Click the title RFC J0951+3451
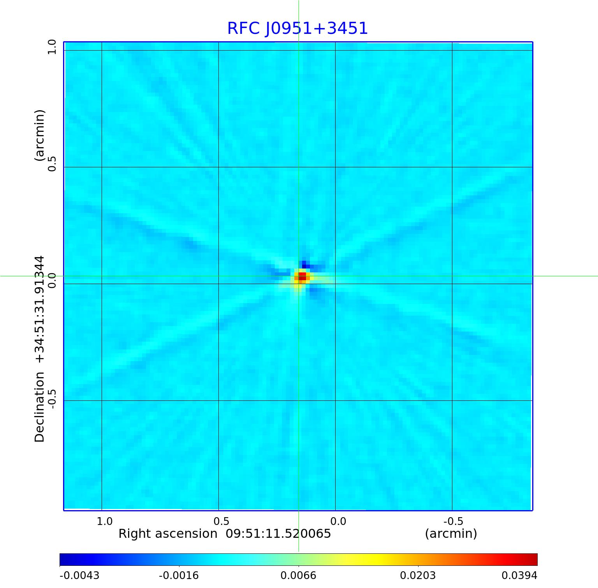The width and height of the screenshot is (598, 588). pyautogui.click(x=297, y=28)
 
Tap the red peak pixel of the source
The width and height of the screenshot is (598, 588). pyautogui.click(x=302, y=277)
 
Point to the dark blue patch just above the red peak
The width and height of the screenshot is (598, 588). pyautogui.click(x=304, y=265)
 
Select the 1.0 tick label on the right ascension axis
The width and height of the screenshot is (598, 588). pyautogui.click(x=104, y=521)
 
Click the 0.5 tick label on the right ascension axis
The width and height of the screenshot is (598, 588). pyautogui.click(x=221, y=521)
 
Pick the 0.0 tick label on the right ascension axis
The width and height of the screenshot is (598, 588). pyautogui.click(x=338, y=521)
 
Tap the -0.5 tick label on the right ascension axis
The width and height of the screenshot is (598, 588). pyautogui.click(x=453, y=521)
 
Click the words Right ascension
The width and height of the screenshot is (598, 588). pyautogui.click(x=168, y=534)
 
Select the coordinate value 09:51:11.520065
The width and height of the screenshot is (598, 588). pyautogui.click(x=278, y=534)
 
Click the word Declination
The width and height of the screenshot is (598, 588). pyautogui.click(x=40, y=407)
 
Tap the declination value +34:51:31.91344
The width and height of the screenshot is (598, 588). pyautogui.click(x=40, y=309)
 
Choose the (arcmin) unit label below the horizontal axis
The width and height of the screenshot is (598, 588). pyautogui.click(x=451, y=534)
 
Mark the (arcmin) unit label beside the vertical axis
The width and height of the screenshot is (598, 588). pyautogui.click(x=40, y=135)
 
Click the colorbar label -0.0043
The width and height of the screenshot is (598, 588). pyautogui.click(x=79, y=576)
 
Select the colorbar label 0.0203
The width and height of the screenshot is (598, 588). pyautogui.click(x=418, y=576)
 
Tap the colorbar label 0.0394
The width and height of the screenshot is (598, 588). pyautogui.click(x=519, y=576)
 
